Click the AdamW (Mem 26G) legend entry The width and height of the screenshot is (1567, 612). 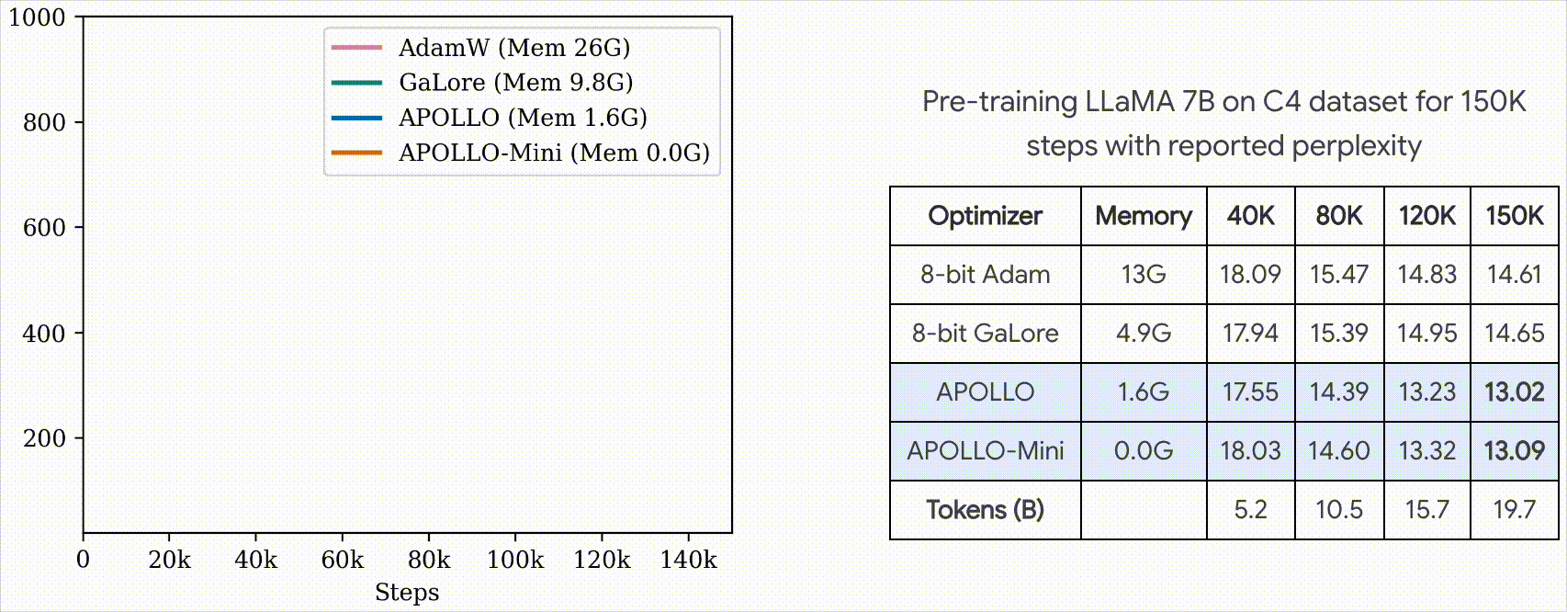[x=513, y=48]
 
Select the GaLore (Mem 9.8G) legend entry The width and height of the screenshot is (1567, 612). [x=515, y=83]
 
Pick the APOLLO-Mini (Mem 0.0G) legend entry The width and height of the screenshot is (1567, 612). [x=554, y=153]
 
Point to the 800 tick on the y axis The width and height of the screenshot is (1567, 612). [x=44, y=122]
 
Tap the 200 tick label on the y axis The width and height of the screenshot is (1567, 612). [x=44, y=438]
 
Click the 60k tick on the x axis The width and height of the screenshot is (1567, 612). [x=343, y=560]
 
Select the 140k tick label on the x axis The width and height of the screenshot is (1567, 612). [x=688, y=560]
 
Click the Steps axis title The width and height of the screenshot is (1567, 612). [x=407, y=593]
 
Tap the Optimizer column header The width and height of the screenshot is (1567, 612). [x=985, y=216]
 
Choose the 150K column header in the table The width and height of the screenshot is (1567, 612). [x=1514, y=216]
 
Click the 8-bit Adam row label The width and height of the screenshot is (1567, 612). [x=985, y=275]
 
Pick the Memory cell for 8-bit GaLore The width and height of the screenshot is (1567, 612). [x=1144, y=334]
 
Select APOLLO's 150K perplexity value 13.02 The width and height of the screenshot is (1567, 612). [x=1514, y=392]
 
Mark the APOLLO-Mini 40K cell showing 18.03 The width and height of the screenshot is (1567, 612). [x=1250, y=451]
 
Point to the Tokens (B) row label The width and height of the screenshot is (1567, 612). [x=985, y=510]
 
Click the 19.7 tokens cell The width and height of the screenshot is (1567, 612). [x=1514, y=510]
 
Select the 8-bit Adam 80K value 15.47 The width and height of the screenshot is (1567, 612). [x=1338, y=275]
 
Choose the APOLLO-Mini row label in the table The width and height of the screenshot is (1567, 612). [x=985, y=451]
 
